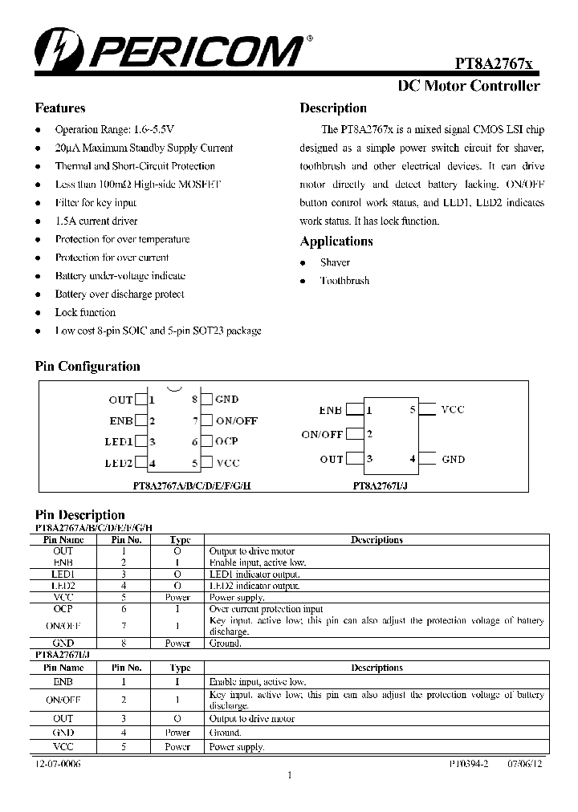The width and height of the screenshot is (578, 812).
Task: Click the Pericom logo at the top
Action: click(x=169, y=49)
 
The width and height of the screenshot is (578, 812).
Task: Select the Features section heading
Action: click(x=60, y=108)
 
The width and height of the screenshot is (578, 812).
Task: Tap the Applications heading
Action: click(x=336, y=242)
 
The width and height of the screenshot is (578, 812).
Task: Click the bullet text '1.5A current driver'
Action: click(x=96, y=221)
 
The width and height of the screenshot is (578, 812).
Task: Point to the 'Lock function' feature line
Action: click(x=85, y=312)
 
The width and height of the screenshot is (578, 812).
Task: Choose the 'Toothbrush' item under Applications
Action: click(x=344, y=281)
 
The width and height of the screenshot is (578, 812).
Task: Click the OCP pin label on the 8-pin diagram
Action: click(x=226, y=442)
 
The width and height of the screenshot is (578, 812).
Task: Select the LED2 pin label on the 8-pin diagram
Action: click(x=119, y=463)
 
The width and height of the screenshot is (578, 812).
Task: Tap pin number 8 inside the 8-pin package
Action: click(x=194, y=399)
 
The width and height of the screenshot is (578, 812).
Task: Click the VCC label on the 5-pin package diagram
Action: click(x=453, y=409)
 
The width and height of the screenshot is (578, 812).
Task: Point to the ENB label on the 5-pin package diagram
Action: click(x=331, y=410)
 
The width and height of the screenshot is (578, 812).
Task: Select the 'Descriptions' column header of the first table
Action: click(x=377, y=540)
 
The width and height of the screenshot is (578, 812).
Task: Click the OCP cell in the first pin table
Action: click(x=63, y=609)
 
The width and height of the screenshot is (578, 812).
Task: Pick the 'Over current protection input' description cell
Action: click(x=266, y=609)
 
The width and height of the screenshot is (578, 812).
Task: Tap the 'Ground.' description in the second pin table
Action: click(x=226, y=733)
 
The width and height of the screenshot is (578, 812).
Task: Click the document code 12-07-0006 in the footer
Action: click(x=58, y=764)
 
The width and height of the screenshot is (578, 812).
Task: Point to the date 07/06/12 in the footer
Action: click(x=527, y=764)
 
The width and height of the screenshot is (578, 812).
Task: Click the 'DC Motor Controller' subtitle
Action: click(x=469, y=87)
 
